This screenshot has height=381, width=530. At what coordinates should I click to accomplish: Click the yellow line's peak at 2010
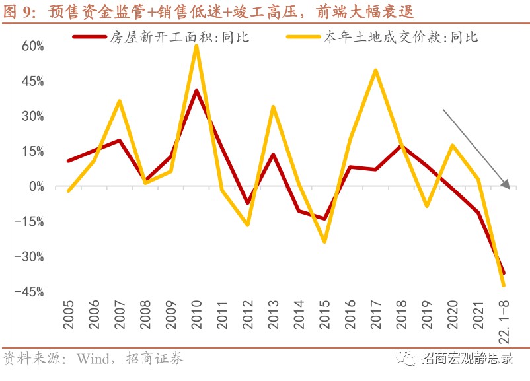click(x=197, y=46)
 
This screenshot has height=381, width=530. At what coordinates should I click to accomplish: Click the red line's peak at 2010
click(x=197, y=90)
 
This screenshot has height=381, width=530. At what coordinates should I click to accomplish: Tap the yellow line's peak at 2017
click(x=375, y=70)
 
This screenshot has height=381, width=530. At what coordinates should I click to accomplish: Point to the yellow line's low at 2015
click(x=324, y=241)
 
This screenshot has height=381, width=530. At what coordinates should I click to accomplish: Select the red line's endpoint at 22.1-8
click(x=503, y=273)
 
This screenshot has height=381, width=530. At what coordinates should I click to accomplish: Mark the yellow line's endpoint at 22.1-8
click(x=503, y=285)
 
